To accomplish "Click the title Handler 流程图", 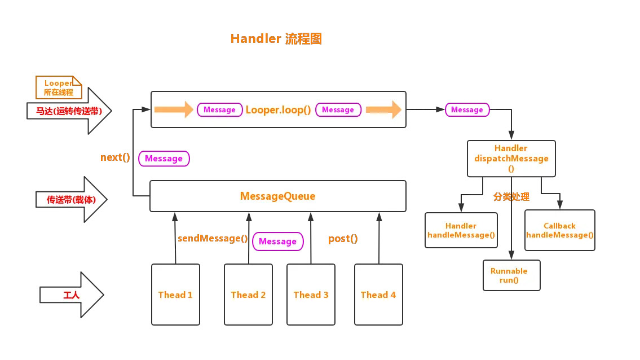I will point(277,39).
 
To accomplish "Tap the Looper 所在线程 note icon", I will point(59,87).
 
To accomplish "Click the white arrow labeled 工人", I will point(71,295).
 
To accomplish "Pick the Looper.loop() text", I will point(278,110).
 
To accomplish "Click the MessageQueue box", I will point(277,196).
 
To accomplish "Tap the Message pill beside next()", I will point(164,159).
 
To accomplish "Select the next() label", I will point(115,158).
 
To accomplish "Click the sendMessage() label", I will point(213,238).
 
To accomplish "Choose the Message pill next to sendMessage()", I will point(277,242).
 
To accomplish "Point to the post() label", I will point(343,239).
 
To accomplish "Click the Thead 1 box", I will point(175,295).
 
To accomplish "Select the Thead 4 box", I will point(378,295).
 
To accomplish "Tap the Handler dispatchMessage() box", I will point(511,159).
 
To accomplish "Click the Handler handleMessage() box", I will point(461,230).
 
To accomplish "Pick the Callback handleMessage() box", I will point(559,230).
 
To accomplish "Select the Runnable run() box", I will point(511,275).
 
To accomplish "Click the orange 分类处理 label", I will point(511,197).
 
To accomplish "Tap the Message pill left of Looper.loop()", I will point(219,110).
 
